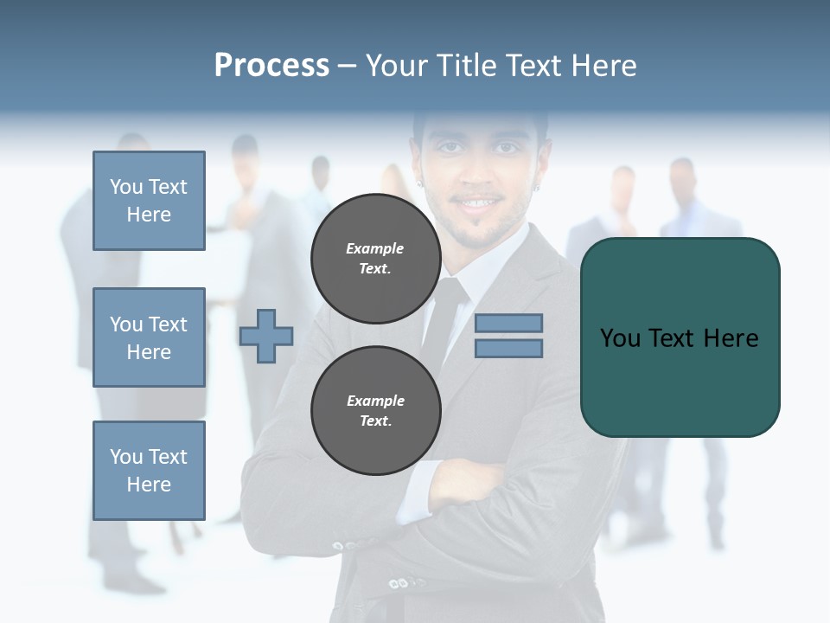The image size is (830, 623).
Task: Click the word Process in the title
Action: click(x=271, y=66)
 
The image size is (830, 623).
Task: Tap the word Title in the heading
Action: click(x=465, y=66)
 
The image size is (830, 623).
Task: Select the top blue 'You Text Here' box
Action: click(x=149, y=201)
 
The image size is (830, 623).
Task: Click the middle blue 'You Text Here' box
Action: click(x=149, y=337)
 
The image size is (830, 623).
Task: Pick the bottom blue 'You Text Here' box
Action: click(x=149, y=470)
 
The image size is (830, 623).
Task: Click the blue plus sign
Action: click(x=266, y=335)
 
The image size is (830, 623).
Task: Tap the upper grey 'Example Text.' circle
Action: click(x=375, y=258)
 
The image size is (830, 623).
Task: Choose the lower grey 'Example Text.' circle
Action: click(x=375, y=410)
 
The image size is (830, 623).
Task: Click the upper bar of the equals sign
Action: click(x=508, y=323)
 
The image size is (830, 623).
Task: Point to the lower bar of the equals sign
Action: click(x=508, y=348)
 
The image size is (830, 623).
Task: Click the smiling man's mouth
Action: click(x=480, y=204)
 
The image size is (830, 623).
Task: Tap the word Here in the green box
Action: click(x=731, y=338)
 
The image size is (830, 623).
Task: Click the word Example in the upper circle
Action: click(x=375, y=248)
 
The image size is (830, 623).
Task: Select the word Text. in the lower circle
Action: click(x=375, y=421)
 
